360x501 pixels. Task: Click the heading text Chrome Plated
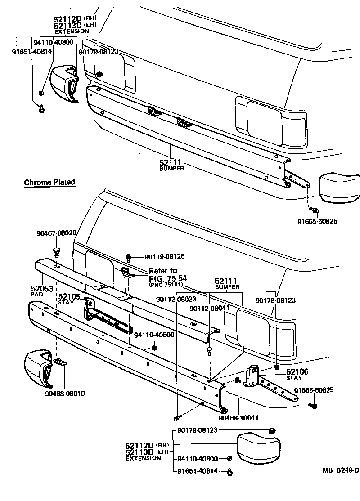[49, 183]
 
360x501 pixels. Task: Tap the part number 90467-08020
[56, 233]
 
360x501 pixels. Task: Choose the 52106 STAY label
[298, 374]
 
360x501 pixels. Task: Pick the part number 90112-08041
[209, 309]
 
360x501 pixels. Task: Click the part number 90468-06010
[65, 394]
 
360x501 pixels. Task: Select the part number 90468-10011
[238, 418]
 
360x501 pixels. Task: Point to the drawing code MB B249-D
[341, 471]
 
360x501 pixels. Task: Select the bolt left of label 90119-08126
[130, 257]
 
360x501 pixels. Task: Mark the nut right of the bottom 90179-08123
[271, 431]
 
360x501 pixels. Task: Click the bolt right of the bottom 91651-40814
[231, 472]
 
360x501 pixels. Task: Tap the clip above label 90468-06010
[59, 361]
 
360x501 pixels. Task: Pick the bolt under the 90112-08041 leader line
[209, 350]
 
